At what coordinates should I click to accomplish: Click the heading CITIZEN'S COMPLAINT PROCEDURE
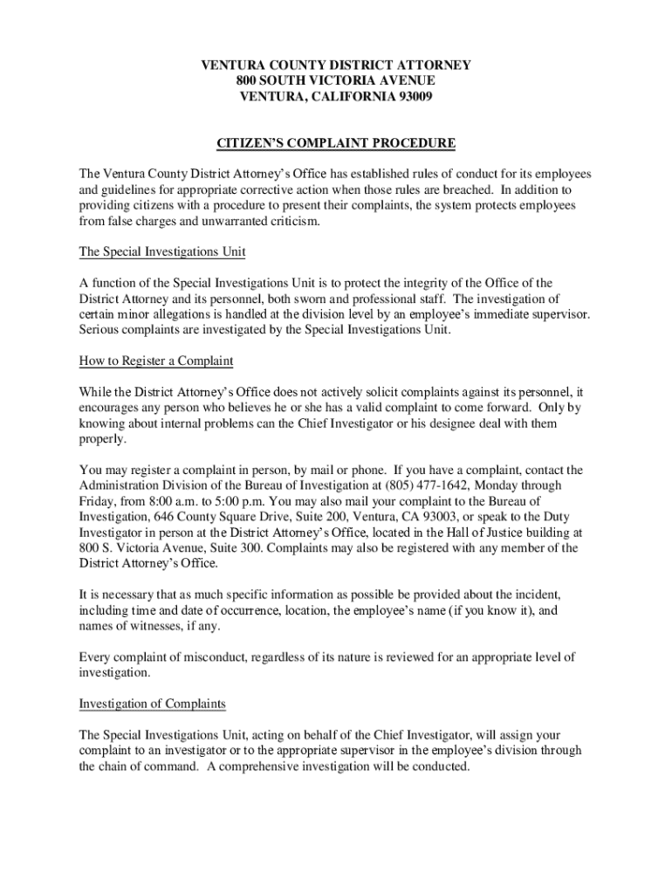pos(336,142)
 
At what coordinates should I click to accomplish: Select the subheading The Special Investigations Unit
pos(162,252)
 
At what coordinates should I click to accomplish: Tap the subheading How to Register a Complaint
pos(156,361)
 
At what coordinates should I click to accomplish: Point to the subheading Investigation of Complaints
pos(153,703)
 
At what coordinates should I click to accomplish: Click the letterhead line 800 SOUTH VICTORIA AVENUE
pos(336,80)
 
